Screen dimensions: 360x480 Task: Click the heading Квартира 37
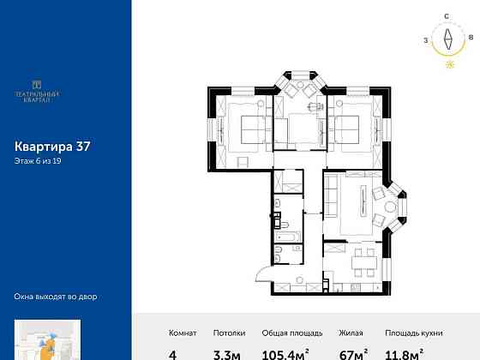pyautogui.click(x=52, y=146)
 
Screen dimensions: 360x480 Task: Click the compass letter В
pyautogui.click(x=471, y=38)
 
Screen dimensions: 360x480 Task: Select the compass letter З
pyautogui.click(x=425, y=39)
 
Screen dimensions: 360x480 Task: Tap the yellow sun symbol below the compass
pyautogui.click(x=447, y=63)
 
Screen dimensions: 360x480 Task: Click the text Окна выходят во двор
pyautogui.click(x=56, y=297)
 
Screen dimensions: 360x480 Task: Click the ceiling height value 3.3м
pyautogui.click(x=232, y=351)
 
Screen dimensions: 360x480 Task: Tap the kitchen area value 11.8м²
pyautogui.click(x=403, y=351)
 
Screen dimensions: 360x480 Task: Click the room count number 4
pyautogui.click(x=174, y=352)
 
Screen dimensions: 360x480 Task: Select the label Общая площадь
pyautogui.click(x=291, y=333)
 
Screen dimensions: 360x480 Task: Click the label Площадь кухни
pyautogui.click(x=408, y=333)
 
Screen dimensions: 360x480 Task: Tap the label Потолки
pyautogui.click(x=231, y=333)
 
